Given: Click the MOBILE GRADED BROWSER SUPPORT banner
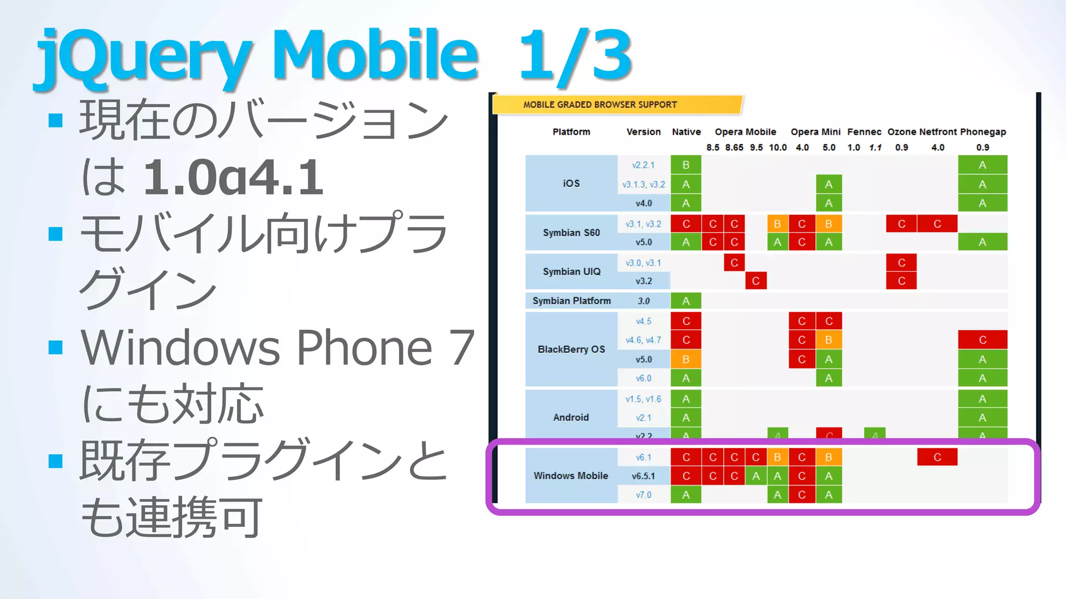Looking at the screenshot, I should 600,105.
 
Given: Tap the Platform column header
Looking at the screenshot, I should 571,132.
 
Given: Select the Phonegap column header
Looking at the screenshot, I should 983,132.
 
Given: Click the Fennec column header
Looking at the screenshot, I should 864,132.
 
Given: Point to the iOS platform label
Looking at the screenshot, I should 571,184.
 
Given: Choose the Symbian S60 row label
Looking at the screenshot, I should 571,233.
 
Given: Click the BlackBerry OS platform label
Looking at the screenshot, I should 571,349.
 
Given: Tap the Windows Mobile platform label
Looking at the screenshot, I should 570,476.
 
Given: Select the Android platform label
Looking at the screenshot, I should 571,418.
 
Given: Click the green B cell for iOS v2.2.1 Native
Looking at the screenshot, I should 686,165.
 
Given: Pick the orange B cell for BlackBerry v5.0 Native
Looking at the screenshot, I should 686,359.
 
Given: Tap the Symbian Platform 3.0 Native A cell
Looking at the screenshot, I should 686,301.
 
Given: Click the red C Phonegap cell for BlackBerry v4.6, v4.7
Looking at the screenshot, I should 982,340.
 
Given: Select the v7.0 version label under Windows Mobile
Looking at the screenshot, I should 643,495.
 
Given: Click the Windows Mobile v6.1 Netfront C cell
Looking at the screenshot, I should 937,457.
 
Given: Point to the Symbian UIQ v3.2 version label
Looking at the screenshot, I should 643,281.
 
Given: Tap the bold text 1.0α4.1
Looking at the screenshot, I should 233,178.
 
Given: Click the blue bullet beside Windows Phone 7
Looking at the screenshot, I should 55,347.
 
